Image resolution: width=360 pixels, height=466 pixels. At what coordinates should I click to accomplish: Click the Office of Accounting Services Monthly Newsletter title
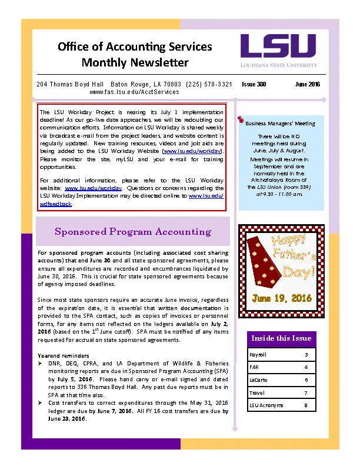pyautogui.click(x=135, y=54)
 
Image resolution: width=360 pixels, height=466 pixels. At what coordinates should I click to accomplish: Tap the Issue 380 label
pyautogui.click(x=254, y=84)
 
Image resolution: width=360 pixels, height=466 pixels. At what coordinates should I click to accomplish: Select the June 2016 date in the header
pyautogui.click(x=307, y=84)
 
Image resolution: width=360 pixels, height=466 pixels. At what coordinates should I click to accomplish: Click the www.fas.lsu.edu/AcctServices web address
pyautogui.click(x=134, y=92)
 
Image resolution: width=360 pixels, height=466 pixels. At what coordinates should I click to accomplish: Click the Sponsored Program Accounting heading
pyautogui.click(x=132, y=231)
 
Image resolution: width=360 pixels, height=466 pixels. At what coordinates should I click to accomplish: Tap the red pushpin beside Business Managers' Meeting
pyautogui.click(x=241, y=120)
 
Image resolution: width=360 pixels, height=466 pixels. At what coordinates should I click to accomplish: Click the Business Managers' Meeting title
pyautogui.click(x=280, y=124)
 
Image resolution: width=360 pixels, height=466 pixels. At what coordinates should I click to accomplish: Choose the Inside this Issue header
pyautogui.click(x=281, y=338)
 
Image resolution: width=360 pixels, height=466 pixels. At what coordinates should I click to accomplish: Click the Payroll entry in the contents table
pyautogui.click(x=258, y=355)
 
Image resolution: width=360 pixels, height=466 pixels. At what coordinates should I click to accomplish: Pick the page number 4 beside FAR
pyautogui.click(x=306, y=367)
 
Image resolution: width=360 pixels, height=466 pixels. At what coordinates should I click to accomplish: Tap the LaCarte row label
pyautogui.click(x=259, y=380)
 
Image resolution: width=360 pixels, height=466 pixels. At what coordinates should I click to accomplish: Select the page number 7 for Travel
pyautogui.click(x=306, y=392)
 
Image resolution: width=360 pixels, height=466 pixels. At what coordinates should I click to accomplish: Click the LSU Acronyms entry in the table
pyautogui.click(x=266, y=405)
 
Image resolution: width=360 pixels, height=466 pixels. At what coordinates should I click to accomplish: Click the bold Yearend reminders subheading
pyautogui.click(x=63, y=356)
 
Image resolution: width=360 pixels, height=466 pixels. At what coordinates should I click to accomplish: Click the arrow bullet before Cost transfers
pyautogui.click(x=40, y=403)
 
